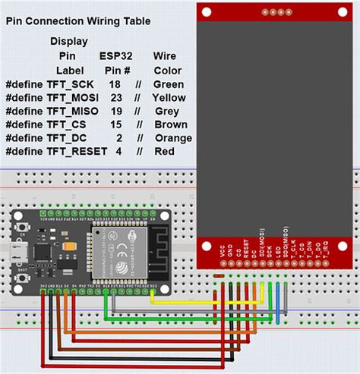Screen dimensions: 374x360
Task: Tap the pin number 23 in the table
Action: [115, 97]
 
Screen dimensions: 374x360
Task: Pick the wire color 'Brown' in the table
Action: [169, 124]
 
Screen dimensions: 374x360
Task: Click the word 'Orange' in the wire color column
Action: [173, 138]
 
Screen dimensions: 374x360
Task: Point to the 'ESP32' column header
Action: [115, 55]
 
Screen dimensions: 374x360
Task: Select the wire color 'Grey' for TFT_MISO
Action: [166, 111]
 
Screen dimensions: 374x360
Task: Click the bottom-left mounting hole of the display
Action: [207, 246]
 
